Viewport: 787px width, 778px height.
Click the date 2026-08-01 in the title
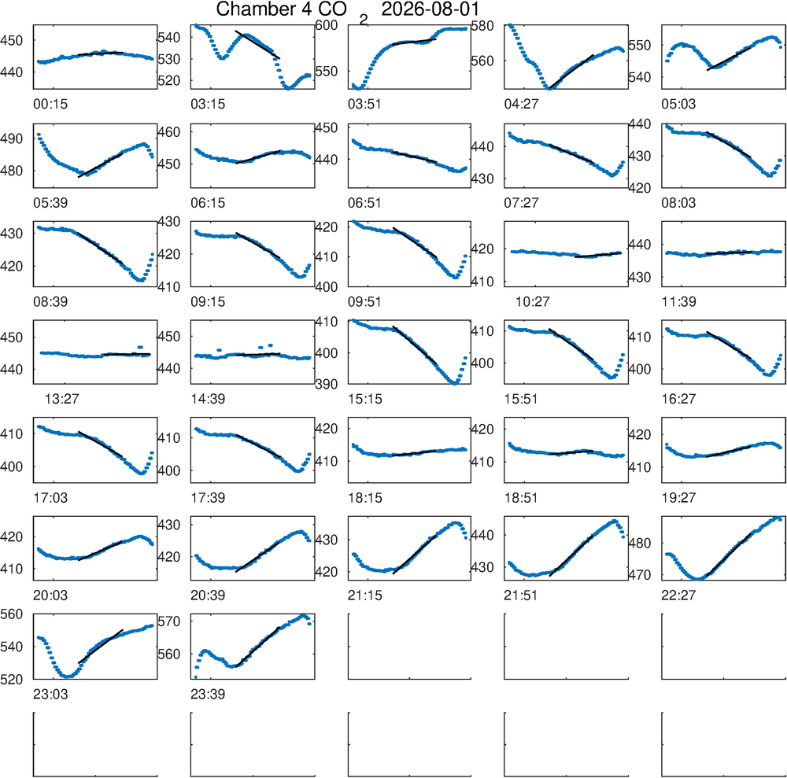click(430, 9)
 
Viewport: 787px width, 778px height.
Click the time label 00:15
click(50, 105)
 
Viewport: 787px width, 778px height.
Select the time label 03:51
click(364, 105)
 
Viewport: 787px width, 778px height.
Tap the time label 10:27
click(533, 302)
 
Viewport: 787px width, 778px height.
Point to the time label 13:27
click(61, 400)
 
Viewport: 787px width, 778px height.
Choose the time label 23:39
click(208, 695)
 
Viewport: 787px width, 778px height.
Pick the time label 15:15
click(365, 400)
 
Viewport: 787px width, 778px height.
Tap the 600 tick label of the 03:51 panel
click(327, 25)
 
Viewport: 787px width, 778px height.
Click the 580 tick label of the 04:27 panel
click(482, 25)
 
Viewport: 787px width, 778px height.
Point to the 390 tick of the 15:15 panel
click(327, 384)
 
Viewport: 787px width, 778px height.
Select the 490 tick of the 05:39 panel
click(12, 138)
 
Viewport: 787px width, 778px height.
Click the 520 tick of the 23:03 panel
click(12, 679)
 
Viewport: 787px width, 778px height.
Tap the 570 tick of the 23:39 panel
click(169, 621)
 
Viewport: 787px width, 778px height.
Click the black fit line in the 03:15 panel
click(257, 45)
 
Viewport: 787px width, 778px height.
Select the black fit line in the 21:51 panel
click(571, 556)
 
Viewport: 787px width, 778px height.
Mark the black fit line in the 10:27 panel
click(598, 255)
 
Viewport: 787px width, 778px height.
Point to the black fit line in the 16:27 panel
click(728, 345)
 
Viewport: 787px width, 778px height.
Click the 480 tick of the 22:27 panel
click(641, 544)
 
